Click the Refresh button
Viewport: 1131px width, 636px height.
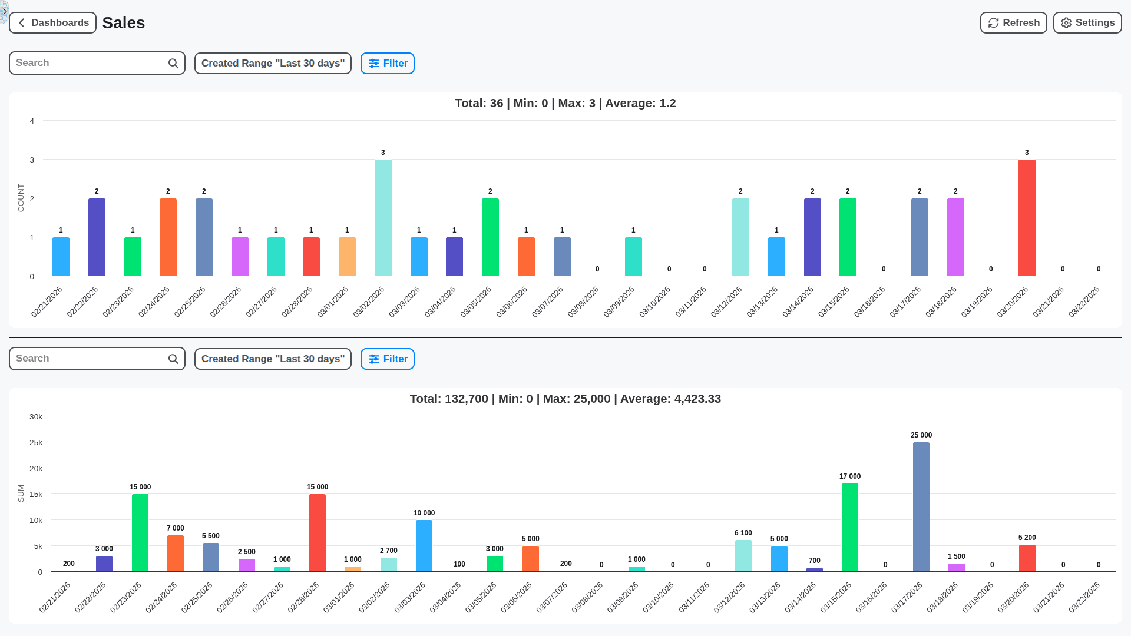[1013, 23]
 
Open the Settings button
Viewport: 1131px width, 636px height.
[1087, 23]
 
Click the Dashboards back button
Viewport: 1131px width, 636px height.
[53, 23]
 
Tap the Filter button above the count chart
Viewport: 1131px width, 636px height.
[388, 64]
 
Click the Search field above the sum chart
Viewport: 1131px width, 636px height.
[88, 359]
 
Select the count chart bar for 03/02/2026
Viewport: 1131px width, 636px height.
[383, 218]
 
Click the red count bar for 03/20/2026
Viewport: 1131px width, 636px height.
[1027, 218]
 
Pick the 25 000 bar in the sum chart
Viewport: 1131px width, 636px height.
[921, 506]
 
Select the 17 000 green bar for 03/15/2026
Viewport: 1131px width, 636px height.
[850, 527]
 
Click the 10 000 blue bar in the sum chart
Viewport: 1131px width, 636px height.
[424, 545]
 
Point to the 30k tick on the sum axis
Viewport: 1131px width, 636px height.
[36, 417]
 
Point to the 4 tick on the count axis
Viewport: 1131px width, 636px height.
[32, 121]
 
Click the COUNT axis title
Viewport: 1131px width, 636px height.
[21, 198]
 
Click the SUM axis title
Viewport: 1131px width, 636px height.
[21, 493]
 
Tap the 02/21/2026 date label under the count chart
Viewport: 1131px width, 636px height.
[47, 302]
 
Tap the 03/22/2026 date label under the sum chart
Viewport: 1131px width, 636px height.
[1084, 597]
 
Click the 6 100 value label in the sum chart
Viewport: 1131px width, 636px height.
[743, 533]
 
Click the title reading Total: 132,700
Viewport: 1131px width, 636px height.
[565, 399]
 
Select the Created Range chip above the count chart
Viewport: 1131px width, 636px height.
[273, 64]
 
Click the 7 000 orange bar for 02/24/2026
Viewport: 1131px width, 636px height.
[176, 554]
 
